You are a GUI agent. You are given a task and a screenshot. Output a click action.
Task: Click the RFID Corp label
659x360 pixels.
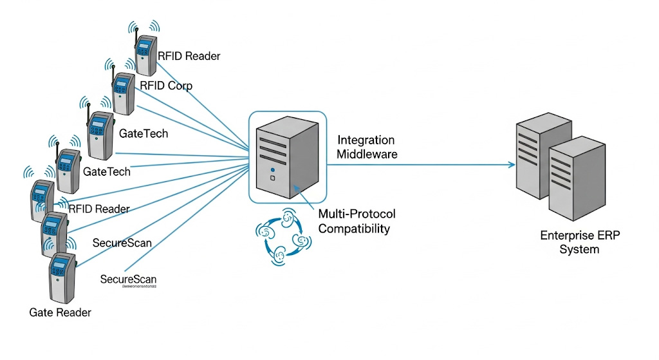(x=165, y=86)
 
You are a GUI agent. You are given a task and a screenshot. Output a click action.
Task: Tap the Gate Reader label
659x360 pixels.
(x=60, y=312)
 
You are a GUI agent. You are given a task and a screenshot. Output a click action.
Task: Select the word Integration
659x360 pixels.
(x=366, y=140)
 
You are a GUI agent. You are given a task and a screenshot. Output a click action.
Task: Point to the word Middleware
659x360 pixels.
(x=367, y=155)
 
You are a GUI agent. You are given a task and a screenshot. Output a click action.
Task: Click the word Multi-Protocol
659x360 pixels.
(x=357, y=214)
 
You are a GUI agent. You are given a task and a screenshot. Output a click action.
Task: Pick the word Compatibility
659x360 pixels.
(x=354, y=228)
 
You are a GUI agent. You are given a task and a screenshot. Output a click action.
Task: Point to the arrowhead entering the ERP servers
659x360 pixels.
(x=512, y=165)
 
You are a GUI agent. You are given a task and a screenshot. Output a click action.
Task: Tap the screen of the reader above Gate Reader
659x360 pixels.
(x=60, y=266)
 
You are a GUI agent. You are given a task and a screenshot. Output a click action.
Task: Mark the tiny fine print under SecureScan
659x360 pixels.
(x=131, y=288)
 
